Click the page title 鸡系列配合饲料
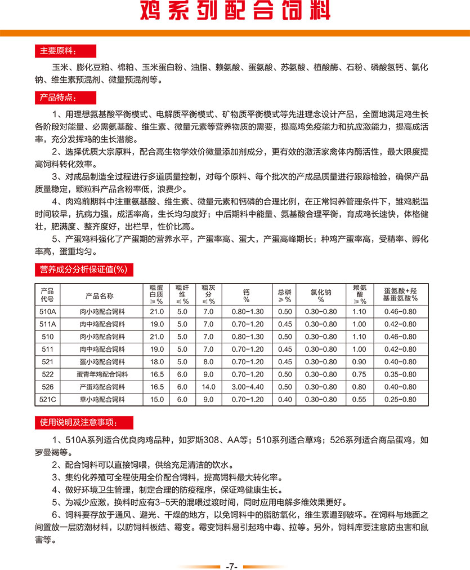coord(235,11)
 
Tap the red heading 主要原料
coord(58,51)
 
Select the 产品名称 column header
coord(100,295)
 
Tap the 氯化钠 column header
coord(321,295)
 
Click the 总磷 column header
coord(285,295)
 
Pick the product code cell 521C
coord(47,399)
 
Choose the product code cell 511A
coord(47,324)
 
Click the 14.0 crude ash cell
coord(208,387)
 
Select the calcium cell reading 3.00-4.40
coord(247,387)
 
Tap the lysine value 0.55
coord(359,399)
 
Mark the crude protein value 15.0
coord(156,399)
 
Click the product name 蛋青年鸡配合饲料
coord(100,374)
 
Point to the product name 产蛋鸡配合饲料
coord(100,387)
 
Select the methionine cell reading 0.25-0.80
coord(400,399)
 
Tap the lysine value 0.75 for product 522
coord(359,374)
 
